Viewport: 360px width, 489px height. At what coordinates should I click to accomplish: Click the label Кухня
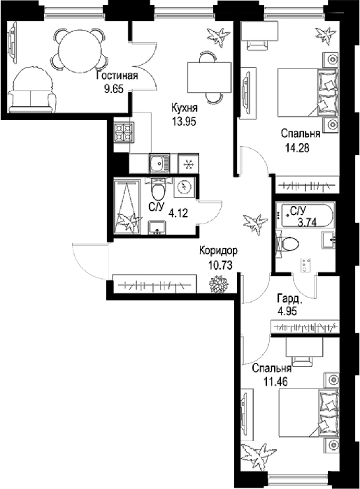(184, 108)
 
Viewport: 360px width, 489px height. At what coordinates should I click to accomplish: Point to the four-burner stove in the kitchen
(124, 133)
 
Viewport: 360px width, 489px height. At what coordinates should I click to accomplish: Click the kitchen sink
(159, 163)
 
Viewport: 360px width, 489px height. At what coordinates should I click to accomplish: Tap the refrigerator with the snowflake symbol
(189, 163)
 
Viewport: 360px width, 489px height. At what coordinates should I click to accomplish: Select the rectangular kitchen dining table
(209, 78)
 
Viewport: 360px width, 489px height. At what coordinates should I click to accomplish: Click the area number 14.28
(297, 147)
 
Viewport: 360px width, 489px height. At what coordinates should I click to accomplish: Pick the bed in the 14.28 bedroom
(308, 93)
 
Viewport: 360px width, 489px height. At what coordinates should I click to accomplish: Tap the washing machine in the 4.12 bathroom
(184, 187)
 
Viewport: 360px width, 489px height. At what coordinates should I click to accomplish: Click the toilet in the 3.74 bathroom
(287, 245)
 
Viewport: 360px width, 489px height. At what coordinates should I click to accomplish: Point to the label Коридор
(218, 250)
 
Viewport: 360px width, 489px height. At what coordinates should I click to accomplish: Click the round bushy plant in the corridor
(219, 284)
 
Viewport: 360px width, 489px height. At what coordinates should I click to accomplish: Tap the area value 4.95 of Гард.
(287, 311)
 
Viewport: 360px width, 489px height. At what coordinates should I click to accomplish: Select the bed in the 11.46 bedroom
(308, 413)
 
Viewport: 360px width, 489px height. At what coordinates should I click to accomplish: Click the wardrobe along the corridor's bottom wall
(154, 284)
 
